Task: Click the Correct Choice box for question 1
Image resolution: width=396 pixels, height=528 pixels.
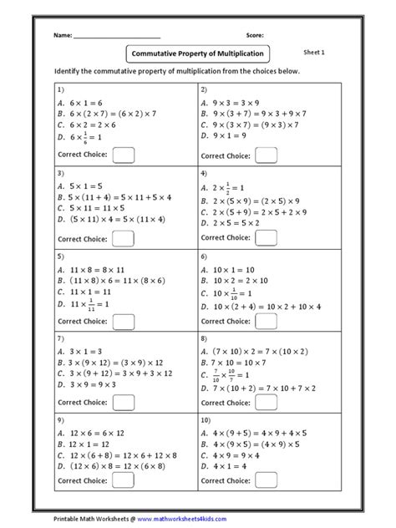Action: [123, 154]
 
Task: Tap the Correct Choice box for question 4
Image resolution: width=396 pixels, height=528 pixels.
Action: [267, 238]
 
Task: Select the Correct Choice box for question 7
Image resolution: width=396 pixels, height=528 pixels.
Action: [123, 403]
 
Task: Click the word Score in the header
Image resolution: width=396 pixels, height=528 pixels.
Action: [256, 36]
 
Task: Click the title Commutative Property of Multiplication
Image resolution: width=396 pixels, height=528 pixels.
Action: [198, 53]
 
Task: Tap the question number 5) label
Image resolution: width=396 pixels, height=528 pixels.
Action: [61, 256]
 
